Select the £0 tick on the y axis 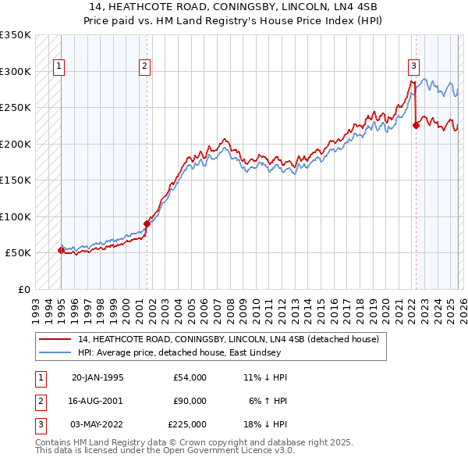[x=23, y=289]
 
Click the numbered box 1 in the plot [x=59, y=67]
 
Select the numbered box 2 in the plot [x=145, y=67]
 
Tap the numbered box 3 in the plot [x=413, y=67]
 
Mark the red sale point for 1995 [x=62, y=250]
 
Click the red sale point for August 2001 [x=147, y=223]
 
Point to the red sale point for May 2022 [x=416, y=126]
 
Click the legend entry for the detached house [x=228, y=340]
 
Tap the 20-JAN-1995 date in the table [x=97, y=377]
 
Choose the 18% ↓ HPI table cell [x=268, y=424]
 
